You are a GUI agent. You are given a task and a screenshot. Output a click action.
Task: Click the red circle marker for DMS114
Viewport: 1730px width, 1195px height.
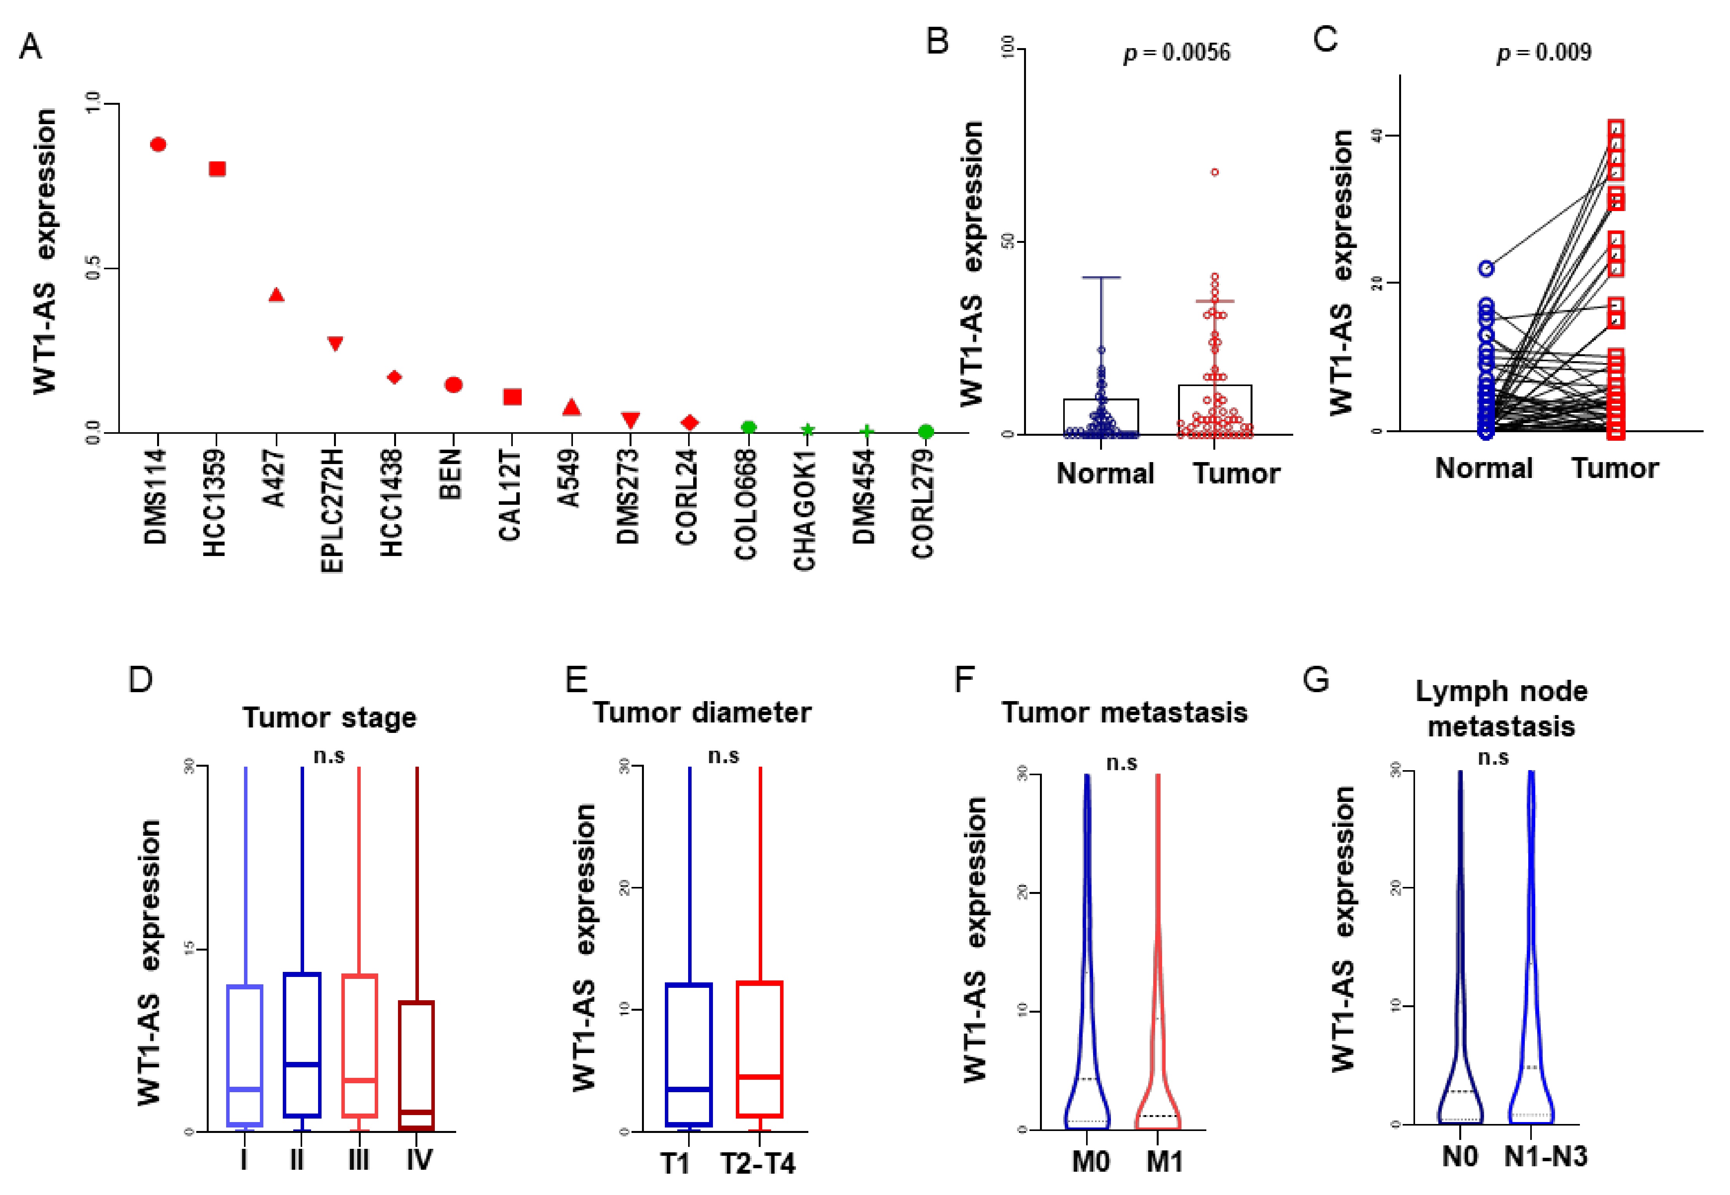coord(158,144)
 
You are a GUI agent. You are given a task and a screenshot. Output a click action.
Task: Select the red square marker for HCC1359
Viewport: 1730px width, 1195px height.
coord(217,169)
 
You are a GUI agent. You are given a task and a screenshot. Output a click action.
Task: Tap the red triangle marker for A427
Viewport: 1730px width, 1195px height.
coord(276,295)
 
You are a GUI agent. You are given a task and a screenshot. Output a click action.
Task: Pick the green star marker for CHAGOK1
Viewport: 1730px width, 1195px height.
coord(807,430)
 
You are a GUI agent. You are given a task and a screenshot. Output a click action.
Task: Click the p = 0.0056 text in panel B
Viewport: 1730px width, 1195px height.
coord(1177,52)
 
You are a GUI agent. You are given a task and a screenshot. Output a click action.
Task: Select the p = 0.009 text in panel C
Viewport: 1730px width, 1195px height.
coord(1543,52)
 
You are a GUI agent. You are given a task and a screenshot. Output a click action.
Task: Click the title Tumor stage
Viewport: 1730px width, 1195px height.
coord(329,717)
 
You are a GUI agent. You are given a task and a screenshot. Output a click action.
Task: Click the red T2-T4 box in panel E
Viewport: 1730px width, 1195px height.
coord(760,1048)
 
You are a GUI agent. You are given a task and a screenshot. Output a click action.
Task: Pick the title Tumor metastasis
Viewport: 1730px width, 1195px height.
coord(1124,712)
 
